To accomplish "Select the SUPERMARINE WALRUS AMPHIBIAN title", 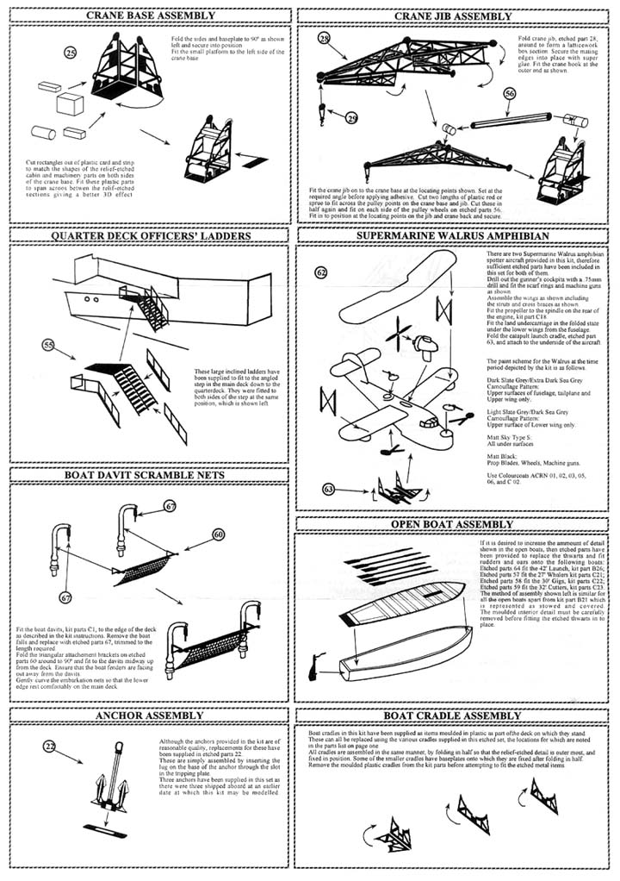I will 454,234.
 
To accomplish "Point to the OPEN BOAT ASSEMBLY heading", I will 453,524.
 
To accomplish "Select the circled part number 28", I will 324,40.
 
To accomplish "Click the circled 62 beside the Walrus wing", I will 320,273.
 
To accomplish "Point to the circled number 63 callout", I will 328,490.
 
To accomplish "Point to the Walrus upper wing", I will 395,274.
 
